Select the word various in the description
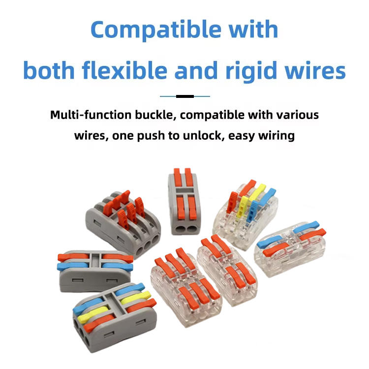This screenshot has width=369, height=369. [296, 115]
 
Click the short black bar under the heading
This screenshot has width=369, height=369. [184, 96]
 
